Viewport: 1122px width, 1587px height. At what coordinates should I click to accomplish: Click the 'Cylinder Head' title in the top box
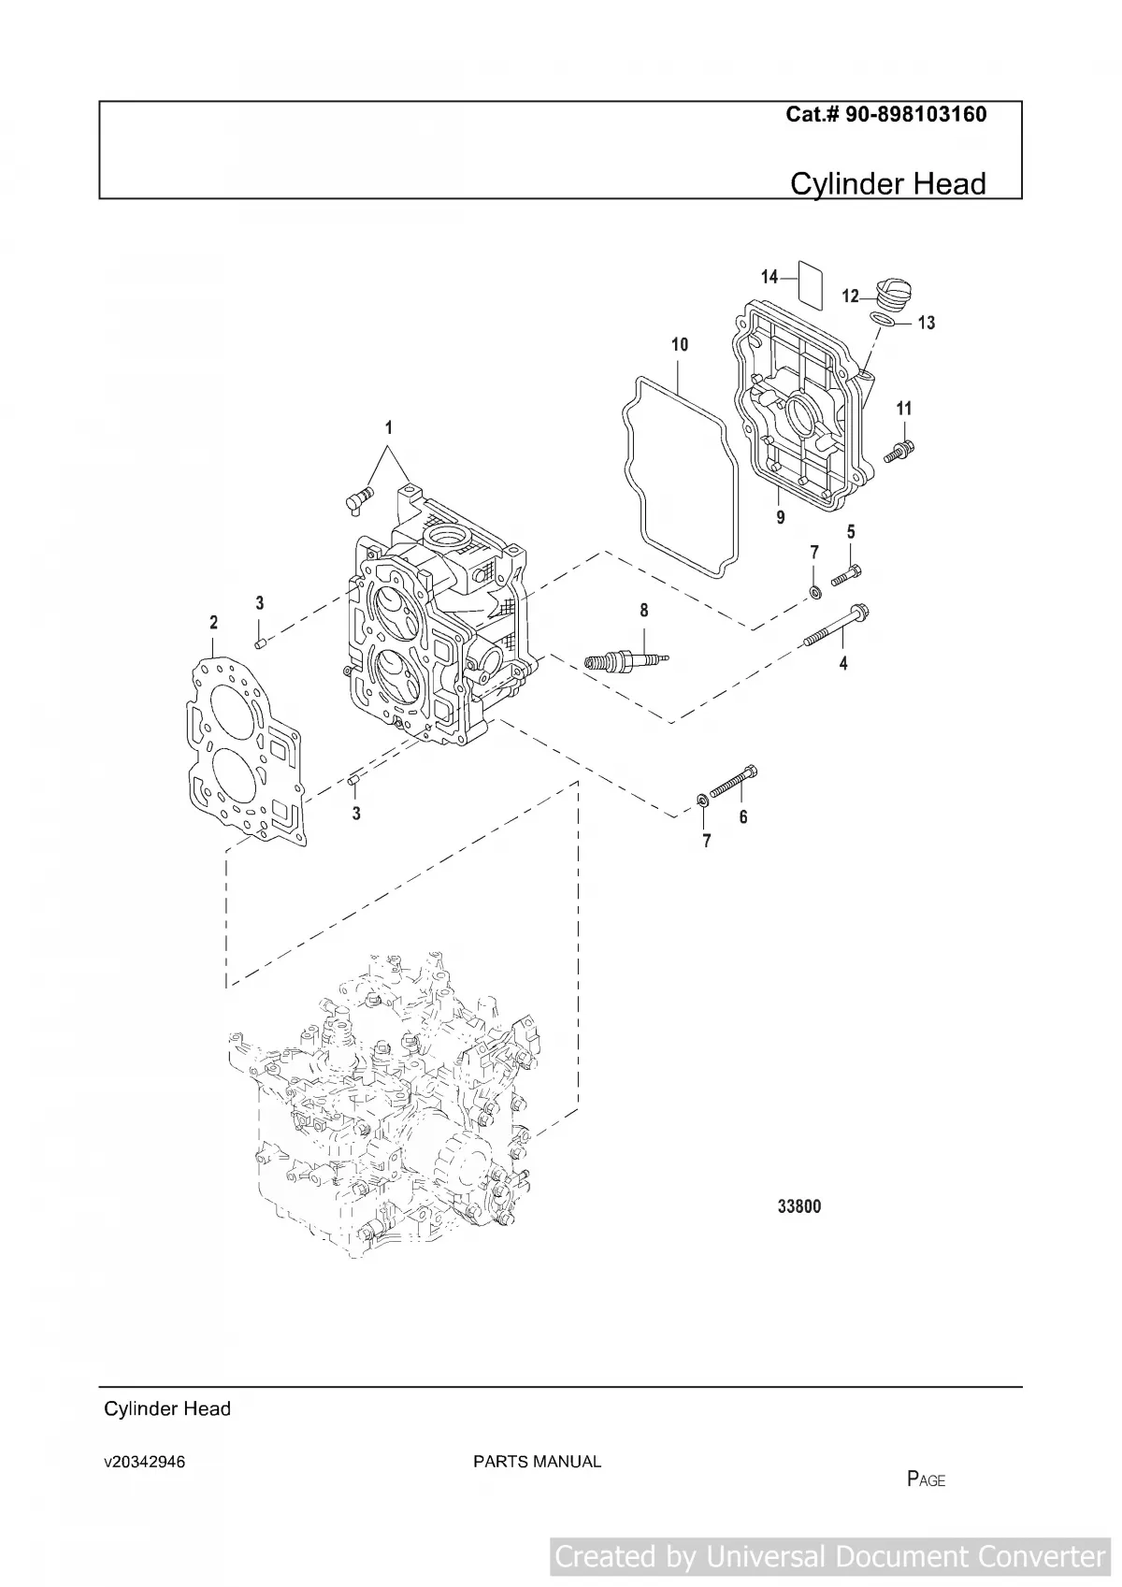point(887,183)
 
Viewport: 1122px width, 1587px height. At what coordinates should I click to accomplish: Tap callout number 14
point(769,277)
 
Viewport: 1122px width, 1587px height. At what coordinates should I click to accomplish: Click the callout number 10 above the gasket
point(680,344)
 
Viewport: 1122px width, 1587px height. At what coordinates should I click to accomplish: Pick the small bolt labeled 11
point(900,451)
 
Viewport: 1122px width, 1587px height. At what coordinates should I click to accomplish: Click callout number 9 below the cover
point(781,516)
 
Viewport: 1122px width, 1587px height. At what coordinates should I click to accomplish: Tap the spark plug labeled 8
point(622,662)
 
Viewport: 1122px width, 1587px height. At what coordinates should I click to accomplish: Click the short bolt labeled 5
point(845,574)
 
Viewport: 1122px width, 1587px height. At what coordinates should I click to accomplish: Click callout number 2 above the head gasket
point(213,623)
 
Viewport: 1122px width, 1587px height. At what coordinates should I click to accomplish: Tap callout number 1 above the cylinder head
point(389,428)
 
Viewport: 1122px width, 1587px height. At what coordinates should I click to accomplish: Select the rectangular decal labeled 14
point(810,284)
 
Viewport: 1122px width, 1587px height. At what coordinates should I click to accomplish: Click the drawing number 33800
point(799,1206)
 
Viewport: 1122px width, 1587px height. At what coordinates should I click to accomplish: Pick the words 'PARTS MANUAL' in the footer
point(537,1462)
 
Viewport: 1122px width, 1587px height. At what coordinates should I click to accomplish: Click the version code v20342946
point(144,1462)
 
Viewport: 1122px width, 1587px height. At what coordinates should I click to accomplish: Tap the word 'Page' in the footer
point(926,1479)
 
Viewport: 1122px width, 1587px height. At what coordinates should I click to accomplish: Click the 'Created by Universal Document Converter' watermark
point(829,1556)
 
